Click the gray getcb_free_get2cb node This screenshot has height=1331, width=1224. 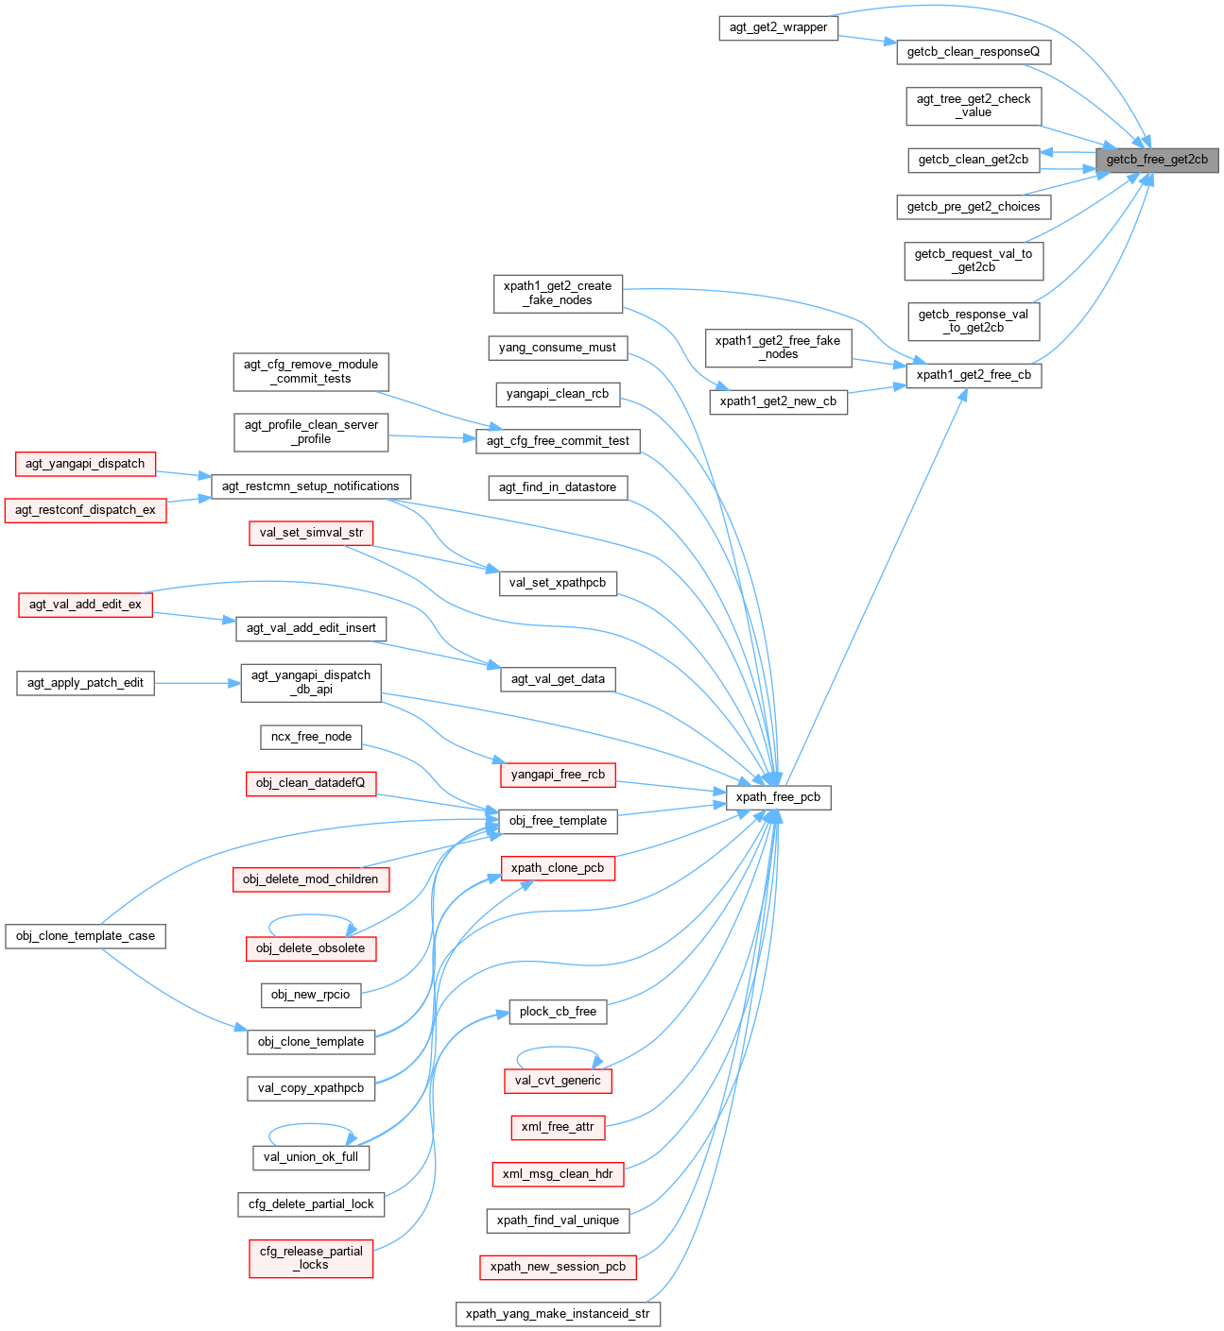[x=1157, y=160]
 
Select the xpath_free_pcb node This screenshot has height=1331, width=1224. [x=778, y=797]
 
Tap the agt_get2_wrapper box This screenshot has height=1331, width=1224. [x=778, y=27]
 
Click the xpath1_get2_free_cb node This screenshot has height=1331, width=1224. [x=974, y=375]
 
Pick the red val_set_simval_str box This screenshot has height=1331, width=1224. [x=311, y=533]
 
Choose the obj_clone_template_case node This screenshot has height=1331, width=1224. [x=85, y=936]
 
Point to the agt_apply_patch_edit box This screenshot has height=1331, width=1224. [x=85, y=683]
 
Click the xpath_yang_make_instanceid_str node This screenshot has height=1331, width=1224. [x=558, y=1314]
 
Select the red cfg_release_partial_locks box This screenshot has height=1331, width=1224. [x=311, y=1258]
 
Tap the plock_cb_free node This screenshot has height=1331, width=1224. [x=558, y=1012]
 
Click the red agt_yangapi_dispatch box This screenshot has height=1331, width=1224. [x=85, y=464]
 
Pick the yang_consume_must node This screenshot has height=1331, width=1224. [x=558, y=348]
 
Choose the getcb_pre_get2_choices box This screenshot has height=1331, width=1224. [x=974, y=207]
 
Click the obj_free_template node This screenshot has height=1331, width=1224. [x=558, y=821]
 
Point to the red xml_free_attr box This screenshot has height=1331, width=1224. [x=558, y=1127]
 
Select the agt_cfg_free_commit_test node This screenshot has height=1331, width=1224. [x=558, y=441]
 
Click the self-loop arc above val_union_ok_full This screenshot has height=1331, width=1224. [x=311, y=1125]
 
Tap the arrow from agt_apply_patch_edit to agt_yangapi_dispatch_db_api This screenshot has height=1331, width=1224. [x=198, y=683]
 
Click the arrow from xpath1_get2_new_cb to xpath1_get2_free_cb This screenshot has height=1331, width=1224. [x=876, y=390]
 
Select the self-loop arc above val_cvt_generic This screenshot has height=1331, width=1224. [x=558, y=1048]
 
